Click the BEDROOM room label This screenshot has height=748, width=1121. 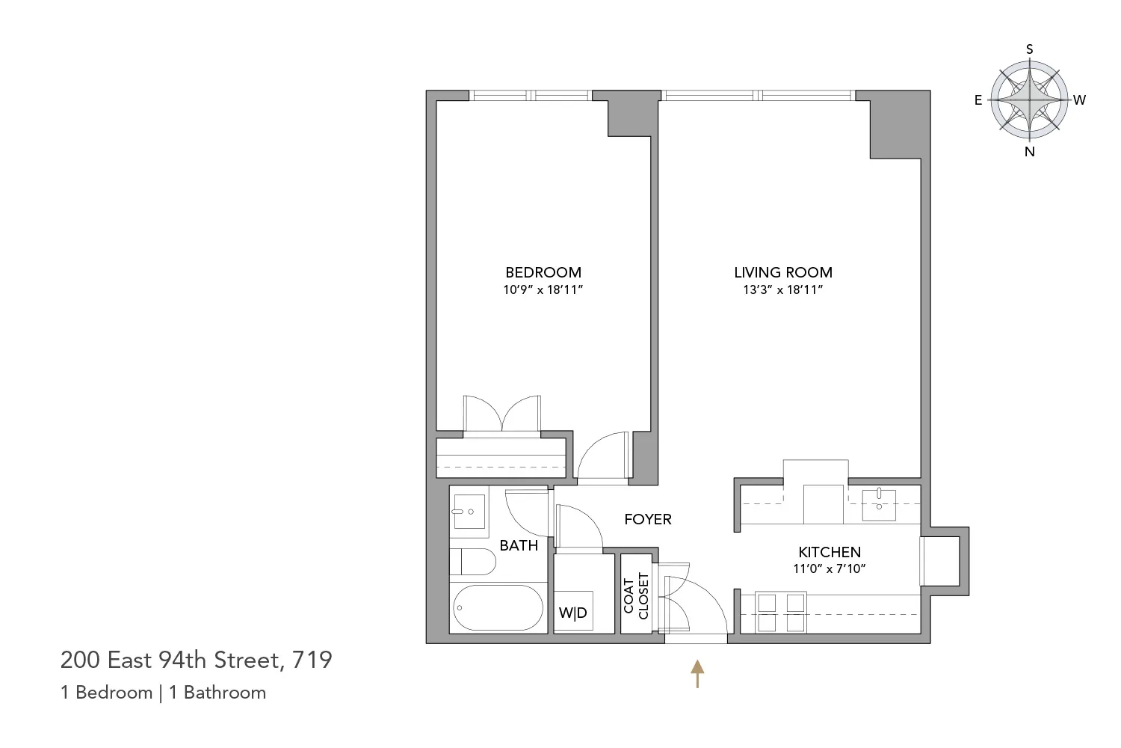pyautogui.click(x=543, y=272)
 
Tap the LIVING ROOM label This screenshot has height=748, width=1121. pyautogui.click(x=782, y=272)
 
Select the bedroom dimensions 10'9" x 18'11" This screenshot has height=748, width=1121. pyautogui.click(x=543, y=289)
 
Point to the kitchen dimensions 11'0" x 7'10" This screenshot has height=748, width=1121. pyautogui.click(x=829, y=568)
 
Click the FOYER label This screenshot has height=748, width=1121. pyautogui.click(x=648, y=519)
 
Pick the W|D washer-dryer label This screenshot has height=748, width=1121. pyautogui.click(x=573, y=613)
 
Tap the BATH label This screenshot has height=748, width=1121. pyautogui.click(x=519, y=545)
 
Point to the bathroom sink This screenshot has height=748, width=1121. pyautogui.click(x=469, y=511)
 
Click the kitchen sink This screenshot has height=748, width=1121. pyautogui.click(x=879, y=503)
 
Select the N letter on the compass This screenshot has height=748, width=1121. pyautogui.click(x=1030, y=152)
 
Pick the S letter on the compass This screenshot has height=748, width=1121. pyautogui.click(x=1030, y=49)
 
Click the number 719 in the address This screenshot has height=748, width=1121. pyautogui.click(x=312, y=660)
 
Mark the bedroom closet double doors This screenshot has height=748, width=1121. pyautogui.click(x=502, y=414)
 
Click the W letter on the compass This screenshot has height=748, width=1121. pyautogui.click(x=1079, y=99)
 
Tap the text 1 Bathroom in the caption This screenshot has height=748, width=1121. pyautogui.click(x=217, y=693)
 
